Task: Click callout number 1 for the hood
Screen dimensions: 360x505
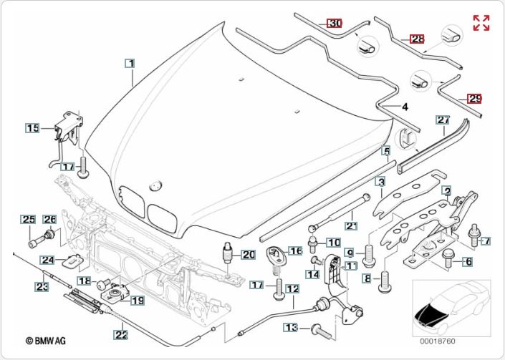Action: click(130, 64)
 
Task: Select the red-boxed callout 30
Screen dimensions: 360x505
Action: click(335, 23)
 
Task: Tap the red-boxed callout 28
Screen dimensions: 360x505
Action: click(417, 39)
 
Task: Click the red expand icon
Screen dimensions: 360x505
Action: click(481, 22)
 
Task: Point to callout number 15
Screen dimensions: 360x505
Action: click(33, 128)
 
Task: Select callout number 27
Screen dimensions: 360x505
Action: click(443, 120)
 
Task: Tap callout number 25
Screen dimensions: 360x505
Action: click(27, 219)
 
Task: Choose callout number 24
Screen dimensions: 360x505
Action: click(47, 260)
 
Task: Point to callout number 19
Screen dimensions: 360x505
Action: click(137, 301)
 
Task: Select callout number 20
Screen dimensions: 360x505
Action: click(248, 254)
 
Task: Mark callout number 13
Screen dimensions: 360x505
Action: click(290, 327)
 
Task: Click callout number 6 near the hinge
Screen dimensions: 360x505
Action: click(468, 262)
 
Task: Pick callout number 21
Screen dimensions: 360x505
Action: click(352, 225)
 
